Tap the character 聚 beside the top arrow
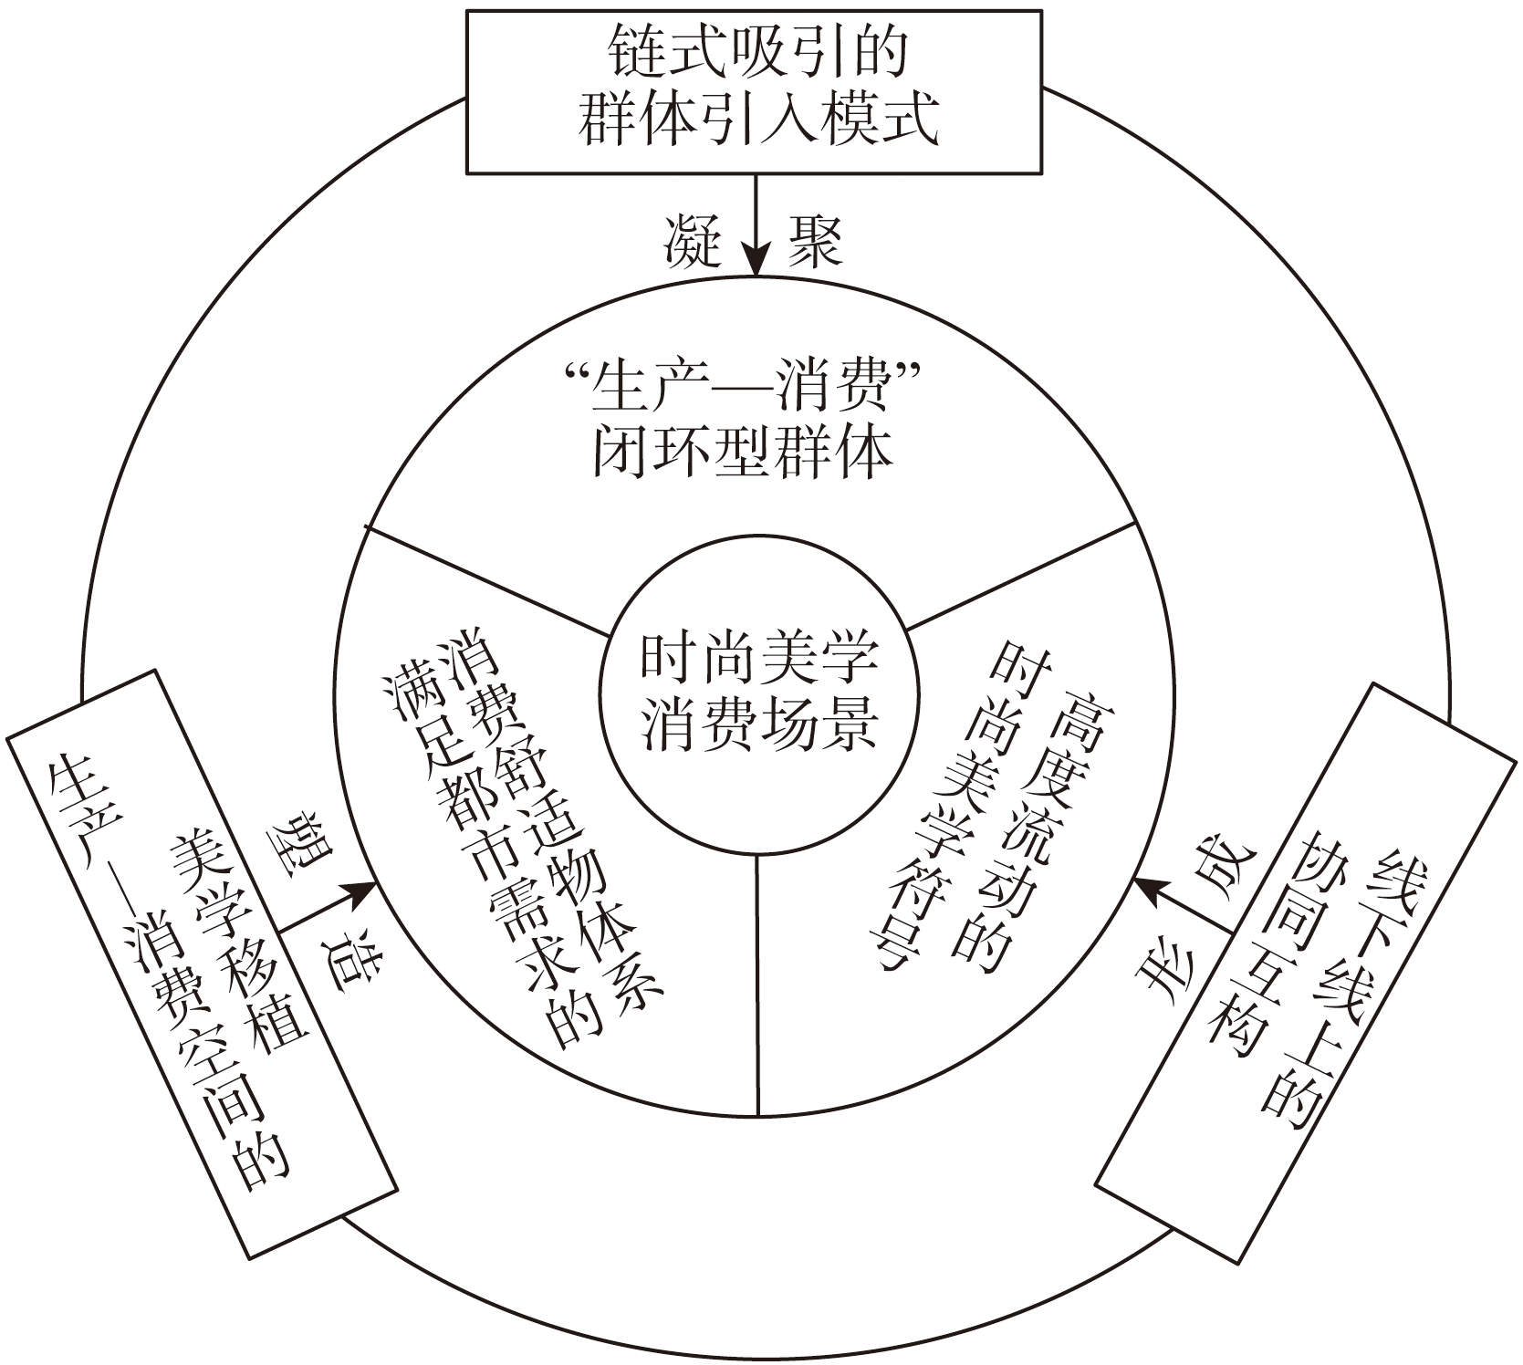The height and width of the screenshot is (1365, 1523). coord(814,241)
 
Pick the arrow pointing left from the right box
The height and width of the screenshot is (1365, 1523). coord(1182,903)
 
